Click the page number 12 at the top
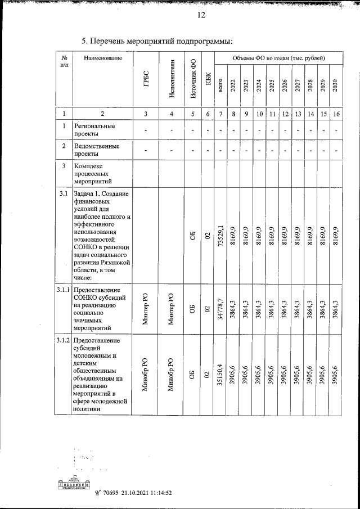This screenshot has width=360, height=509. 201,15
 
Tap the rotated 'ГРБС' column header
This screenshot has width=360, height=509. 146,77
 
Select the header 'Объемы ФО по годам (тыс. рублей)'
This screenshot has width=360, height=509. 278,58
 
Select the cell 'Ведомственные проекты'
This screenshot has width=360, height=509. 97,150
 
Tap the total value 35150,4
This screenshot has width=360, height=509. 222,375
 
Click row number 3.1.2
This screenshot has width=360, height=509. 62,341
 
